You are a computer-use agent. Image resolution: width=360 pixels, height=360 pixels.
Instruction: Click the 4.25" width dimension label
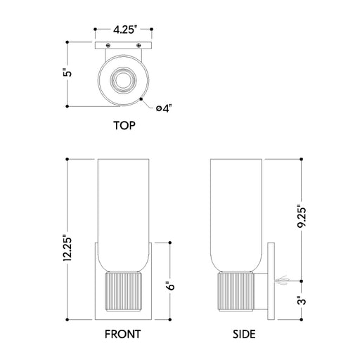click(124, 30)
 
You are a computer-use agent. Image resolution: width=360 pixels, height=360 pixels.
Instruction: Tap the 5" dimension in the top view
click(67, 72)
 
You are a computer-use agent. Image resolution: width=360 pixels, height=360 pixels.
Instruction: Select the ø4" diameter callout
click(164, 108)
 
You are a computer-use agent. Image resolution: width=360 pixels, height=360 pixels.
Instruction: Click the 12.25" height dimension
click(67, 248)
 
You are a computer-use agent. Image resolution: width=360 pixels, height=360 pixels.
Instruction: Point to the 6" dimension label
click(171, 285)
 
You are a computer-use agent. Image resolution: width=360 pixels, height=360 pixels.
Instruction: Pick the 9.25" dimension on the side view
click(302, 218)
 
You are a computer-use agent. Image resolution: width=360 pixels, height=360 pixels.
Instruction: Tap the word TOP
click(124, 126)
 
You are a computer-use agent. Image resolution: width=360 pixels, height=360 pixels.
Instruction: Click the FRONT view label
click(122, 334)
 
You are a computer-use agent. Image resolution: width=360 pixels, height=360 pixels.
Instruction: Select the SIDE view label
click(244, 334)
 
